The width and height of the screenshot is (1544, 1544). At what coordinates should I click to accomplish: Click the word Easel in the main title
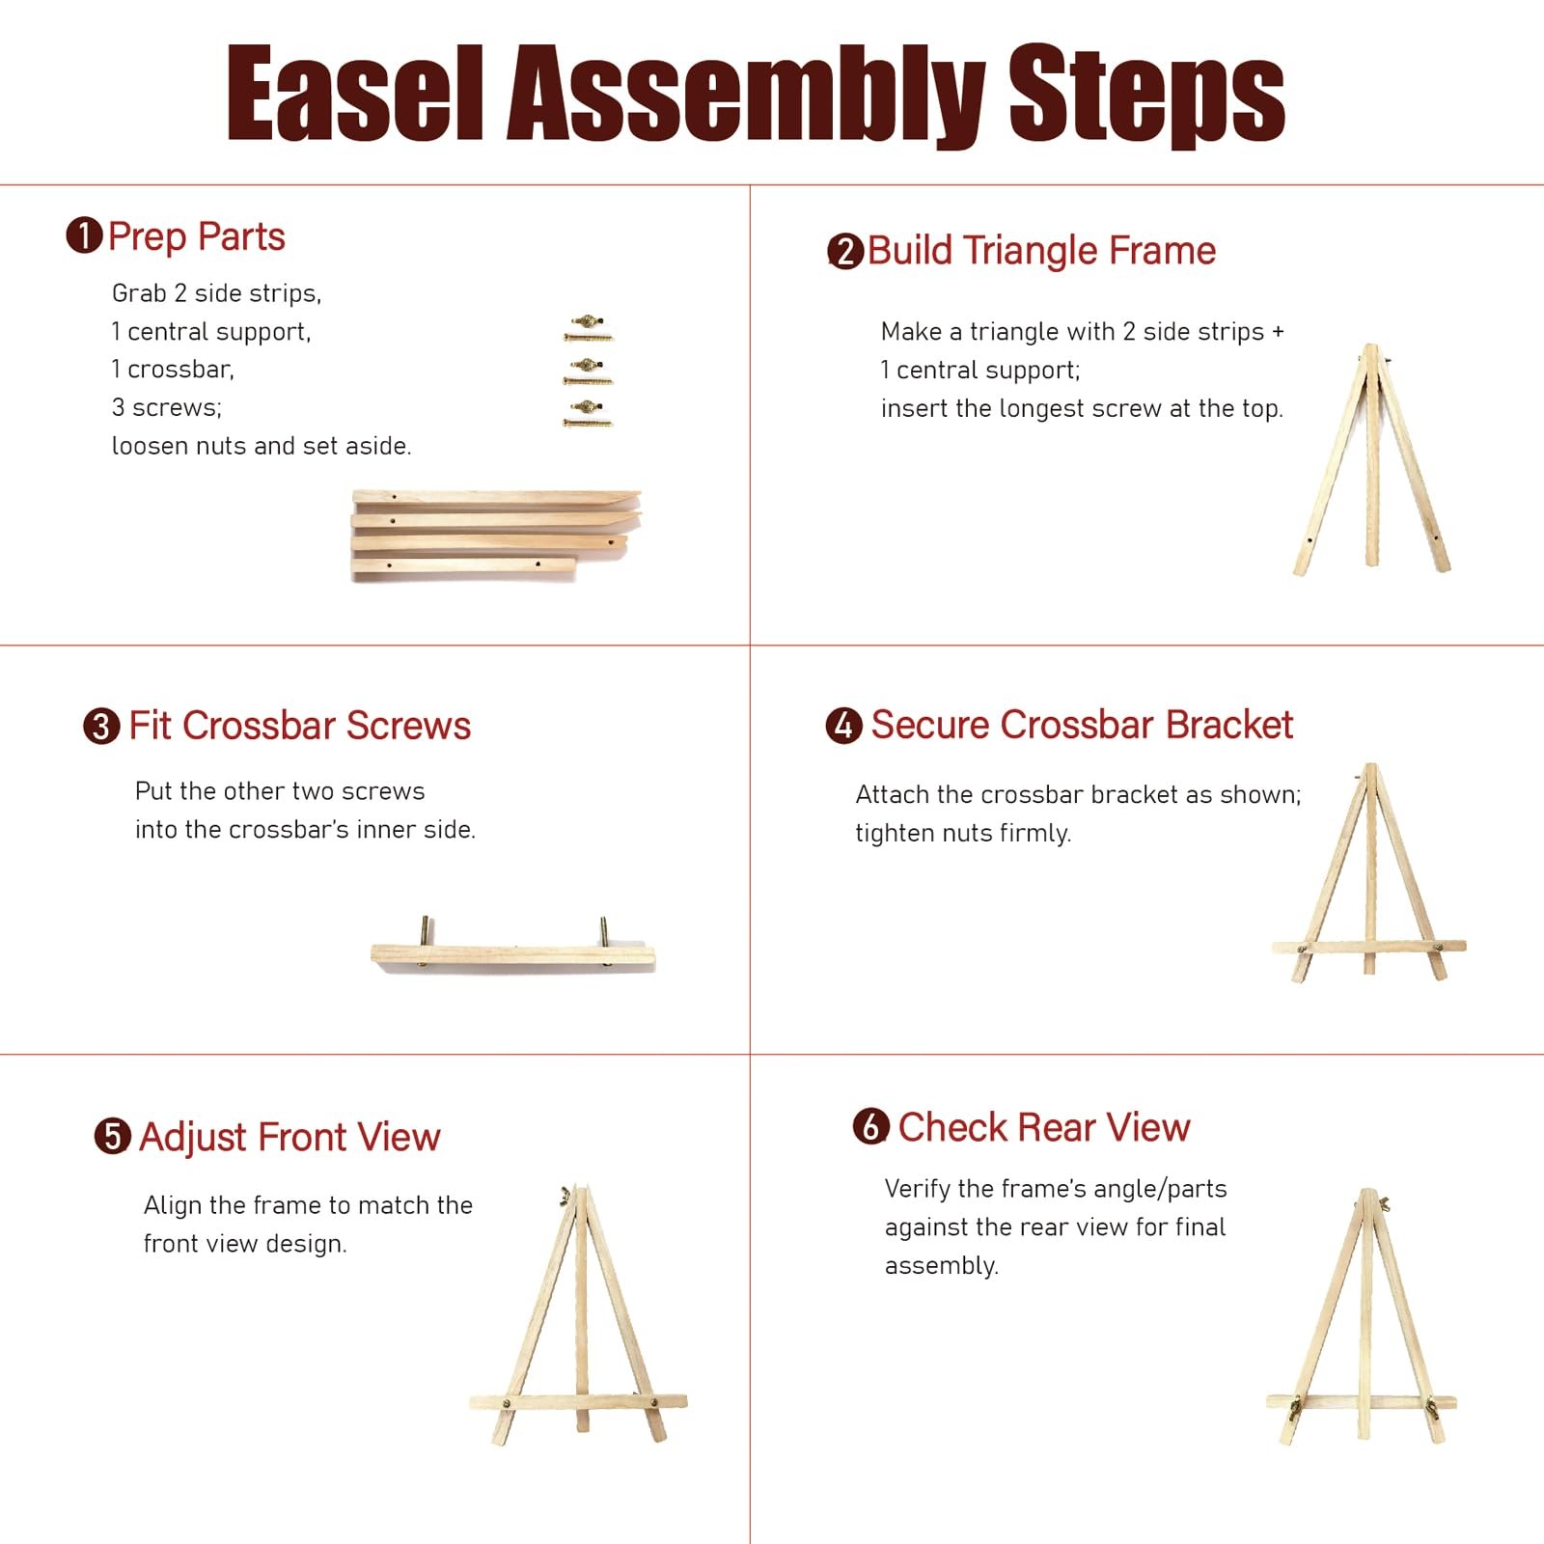[354, 94]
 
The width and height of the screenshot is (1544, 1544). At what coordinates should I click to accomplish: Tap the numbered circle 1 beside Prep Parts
[84, 235]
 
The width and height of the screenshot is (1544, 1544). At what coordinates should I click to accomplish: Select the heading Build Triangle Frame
[1040, 251]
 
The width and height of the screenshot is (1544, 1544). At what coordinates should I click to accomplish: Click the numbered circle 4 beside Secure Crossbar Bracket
[843, 725]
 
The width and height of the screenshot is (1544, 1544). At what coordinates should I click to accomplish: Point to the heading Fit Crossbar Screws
[299, 726]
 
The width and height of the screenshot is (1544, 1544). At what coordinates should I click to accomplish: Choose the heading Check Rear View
[1043, 1127]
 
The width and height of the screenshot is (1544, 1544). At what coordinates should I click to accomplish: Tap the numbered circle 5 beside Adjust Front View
[112, 1136]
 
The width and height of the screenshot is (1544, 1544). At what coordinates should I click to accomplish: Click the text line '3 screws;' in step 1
[166, 407]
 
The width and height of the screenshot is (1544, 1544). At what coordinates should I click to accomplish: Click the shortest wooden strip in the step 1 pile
[463, 567]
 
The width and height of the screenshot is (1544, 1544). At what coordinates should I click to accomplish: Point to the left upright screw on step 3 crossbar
[426, 932]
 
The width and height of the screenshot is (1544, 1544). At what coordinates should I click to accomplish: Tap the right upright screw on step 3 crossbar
[604, 932]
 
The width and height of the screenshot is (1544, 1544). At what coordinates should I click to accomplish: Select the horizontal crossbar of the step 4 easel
[1368, 946]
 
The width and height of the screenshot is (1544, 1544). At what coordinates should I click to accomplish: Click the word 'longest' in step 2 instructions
[1052, 408]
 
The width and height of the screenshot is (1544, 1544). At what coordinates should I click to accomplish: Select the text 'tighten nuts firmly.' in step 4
[962, 833]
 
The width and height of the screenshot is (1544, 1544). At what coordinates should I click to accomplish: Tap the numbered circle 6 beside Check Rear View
[870, 1126]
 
